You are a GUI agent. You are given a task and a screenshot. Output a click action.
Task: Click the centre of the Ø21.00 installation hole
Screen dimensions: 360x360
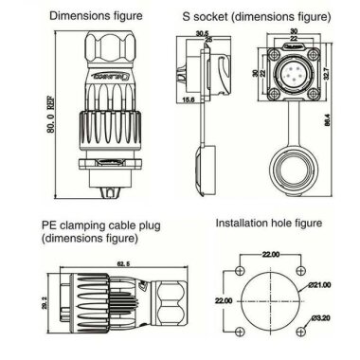coord(270,300)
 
